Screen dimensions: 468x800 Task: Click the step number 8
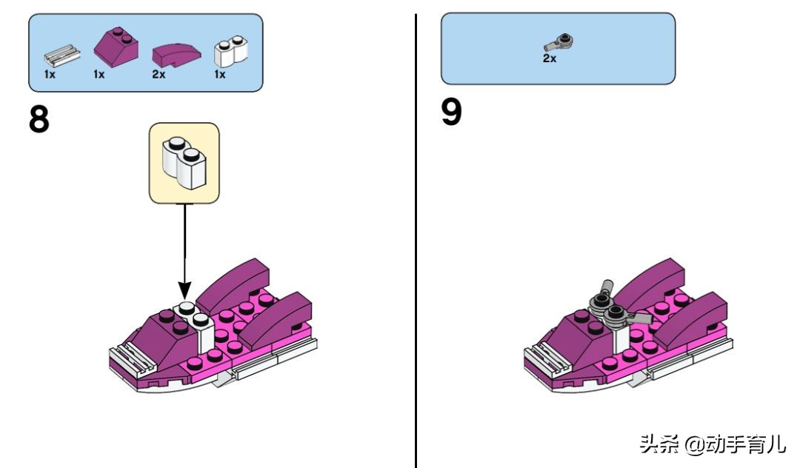pyautogui.click(x=39, y=119)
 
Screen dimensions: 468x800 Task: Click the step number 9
pyautogui.click(x=451, y=113)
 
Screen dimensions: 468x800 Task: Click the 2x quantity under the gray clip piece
pyautogui.click(x=549, y=58)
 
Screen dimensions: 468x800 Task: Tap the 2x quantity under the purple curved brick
pyautogui.click(x=159, y=75)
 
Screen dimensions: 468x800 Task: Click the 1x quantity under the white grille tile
pyautogui.click(x=49, y=75)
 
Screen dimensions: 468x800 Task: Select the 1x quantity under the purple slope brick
pyautogui.click(x=99, y=75)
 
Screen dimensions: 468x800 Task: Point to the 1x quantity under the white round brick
pyautogui.click(x=220, y=75)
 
